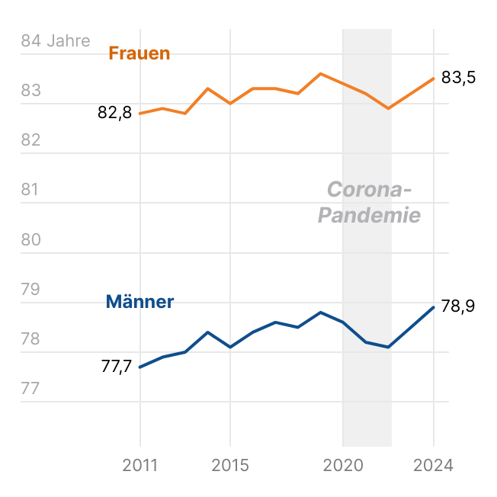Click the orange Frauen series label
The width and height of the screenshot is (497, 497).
(x=139, y=53)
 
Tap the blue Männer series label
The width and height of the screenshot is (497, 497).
(x=139, y=302)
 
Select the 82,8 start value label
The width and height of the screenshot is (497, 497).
(x=115, y=113)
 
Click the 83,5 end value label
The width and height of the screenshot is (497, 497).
(x=459, y=78)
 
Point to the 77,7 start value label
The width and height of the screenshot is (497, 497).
(x=117, y=367)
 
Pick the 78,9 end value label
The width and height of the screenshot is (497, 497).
(x=458, y=306)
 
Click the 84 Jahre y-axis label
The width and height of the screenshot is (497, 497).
(x=56, y=41)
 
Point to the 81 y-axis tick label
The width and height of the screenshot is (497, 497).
(x=30, y=191)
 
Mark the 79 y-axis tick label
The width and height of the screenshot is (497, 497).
(x=30, y=290)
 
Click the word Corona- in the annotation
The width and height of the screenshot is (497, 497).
(x=369, y=190)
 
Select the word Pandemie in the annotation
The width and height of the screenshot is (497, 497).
(x=369, y=216)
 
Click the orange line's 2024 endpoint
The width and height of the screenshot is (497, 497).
(x=434, y=79)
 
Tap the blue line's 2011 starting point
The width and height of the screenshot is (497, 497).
(x=140, y=367)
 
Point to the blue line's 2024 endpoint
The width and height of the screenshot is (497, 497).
(x=434, y=307)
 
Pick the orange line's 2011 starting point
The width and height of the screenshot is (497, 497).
(x=140, y=114)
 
